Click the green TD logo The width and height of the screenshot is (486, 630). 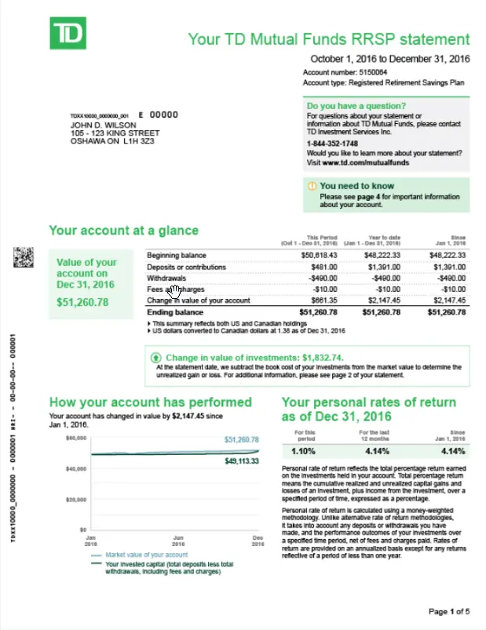coord(68,35)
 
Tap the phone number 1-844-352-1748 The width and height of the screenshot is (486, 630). coord(332,144)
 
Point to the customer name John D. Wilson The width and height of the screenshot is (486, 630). coord(100,125)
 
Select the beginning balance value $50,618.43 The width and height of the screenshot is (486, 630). coord(319,255)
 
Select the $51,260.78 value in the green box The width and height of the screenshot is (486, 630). coord(83,301)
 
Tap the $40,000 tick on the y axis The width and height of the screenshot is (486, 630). coord(75,469)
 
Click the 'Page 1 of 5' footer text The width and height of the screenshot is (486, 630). coord(449,611)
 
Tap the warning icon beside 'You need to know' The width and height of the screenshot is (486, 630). coord(312,186)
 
